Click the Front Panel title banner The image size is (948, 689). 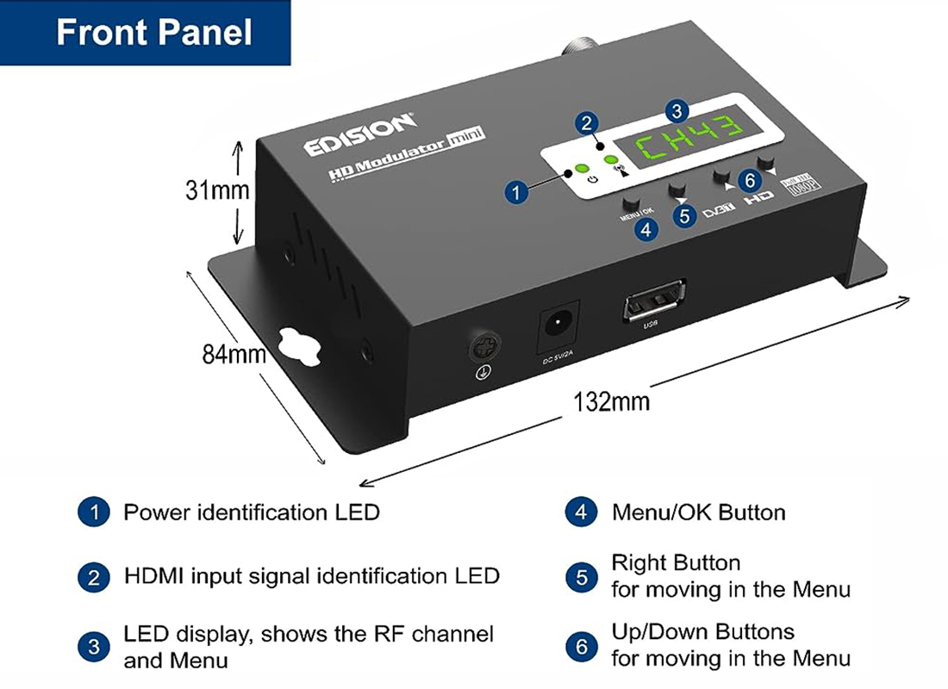[x=153, y=33]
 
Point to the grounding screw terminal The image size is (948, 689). [x=481, y=349]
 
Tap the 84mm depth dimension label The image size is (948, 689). [x=234, y=354]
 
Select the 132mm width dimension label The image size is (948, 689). [x=611, y=400]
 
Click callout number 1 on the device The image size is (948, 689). [x=515, y=191]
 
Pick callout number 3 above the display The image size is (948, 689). [x=677, y=110]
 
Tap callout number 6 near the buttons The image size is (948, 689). [x=750, y=179]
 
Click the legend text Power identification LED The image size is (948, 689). [x=251, y=512]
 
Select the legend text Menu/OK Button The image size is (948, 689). [x=698, y=513]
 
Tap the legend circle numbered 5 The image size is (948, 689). [x=582, y=577]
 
